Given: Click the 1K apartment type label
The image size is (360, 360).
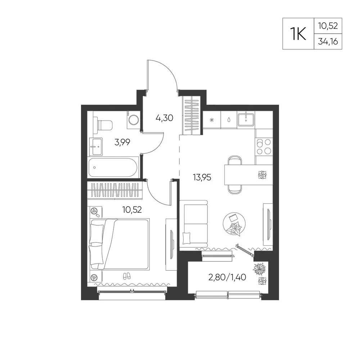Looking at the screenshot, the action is click(298, 34).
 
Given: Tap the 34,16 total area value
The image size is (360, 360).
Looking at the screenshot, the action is click(328, 41).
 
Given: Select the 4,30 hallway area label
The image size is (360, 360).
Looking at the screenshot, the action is click(164, 118).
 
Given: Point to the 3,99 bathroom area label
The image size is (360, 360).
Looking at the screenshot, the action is click(122, 142).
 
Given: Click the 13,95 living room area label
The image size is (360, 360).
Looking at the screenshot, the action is click(202, 177).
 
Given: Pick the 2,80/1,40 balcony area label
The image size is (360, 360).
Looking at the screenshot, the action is click(227, 277).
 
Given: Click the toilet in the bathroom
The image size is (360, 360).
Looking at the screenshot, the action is click(103, 125).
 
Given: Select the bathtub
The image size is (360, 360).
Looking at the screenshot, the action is click(113, 167).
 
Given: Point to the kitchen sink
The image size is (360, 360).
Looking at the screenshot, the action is click(246, 120).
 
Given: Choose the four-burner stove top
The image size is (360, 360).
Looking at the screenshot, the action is click(264, 147).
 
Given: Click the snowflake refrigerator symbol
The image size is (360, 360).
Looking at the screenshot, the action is click(212, 120).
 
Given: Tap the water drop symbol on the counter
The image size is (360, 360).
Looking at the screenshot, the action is click(229, 120).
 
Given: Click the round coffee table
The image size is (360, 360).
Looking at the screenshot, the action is click(234, 224).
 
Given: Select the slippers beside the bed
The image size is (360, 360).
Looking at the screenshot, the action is click(126, 276).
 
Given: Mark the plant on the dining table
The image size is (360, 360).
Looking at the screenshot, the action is click(262, 175).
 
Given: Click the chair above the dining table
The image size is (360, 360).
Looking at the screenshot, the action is click(235, 160).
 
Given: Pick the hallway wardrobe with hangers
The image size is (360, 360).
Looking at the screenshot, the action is click(192, 115).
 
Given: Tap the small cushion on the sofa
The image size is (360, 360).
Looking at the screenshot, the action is click(186, 238).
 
